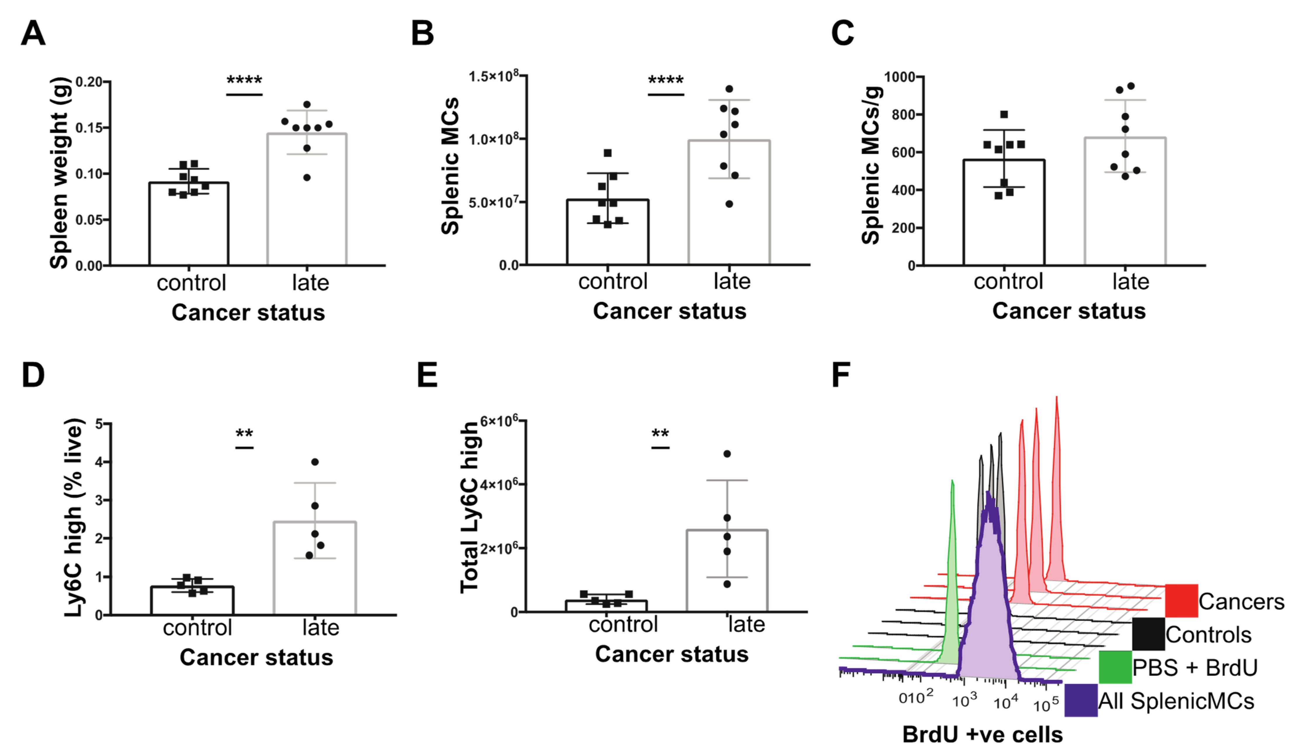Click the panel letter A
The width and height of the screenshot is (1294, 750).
coord(33,34)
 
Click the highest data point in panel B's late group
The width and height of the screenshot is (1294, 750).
coord(729,89)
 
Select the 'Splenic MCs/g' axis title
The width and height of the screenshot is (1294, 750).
coord(871,165)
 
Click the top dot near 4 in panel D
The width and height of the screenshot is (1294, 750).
coord(315,462)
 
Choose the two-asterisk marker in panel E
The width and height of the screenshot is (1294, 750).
coord(660,434)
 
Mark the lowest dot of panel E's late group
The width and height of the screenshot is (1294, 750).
coord(727,584)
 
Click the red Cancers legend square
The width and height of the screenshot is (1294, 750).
coord(1181,601)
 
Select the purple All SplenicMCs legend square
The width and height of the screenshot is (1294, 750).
coord(1081,700)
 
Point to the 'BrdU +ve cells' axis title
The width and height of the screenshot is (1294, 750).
coord(982,735)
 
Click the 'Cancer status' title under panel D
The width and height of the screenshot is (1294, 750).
coord(256,658)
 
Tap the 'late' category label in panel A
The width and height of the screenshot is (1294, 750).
coord(310,283)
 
